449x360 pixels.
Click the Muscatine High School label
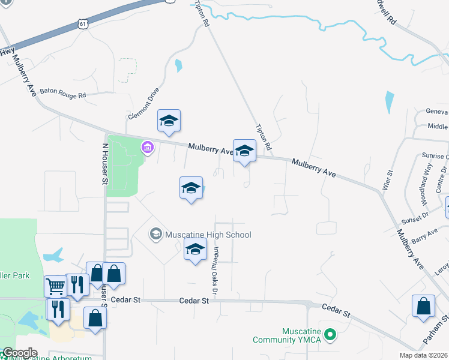tap(208, 235)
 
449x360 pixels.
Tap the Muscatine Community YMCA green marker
tap(329, 334)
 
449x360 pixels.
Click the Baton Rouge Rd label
tap(63, 94)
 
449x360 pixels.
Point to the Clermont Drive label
tap(143, 103)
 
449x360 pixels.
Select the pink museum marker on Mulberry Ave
tap(146, 146)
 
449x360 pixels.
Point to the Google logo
tap(20, 353)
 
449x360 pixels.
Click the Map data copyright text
tap(423, 355)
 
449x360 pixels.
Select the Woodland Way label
tap(426, 178)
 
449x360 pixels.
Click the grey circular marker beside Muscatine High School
tap(156, 233)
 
